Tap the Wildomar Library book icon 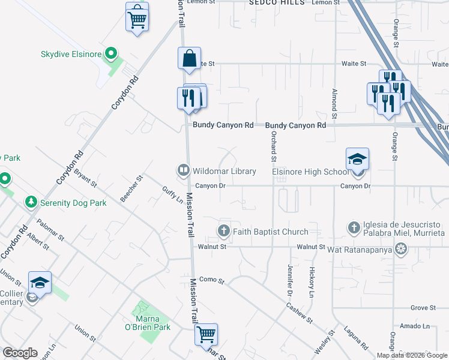[182, 171]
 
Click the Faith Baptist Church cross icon [223, 231]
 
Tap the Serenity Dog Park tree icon [31, 203]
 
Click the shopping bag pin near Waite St [189, 59]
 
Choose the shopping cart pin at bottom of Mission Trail [206, 335]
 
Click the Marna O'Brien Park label [151, 322]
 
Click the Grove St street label [423, 308]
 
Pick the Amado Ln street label [417, 326]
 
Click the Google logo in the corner [20, 353]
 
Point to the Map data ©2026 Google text [412, 355]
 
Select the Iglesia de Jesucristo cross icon [354, 227]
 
